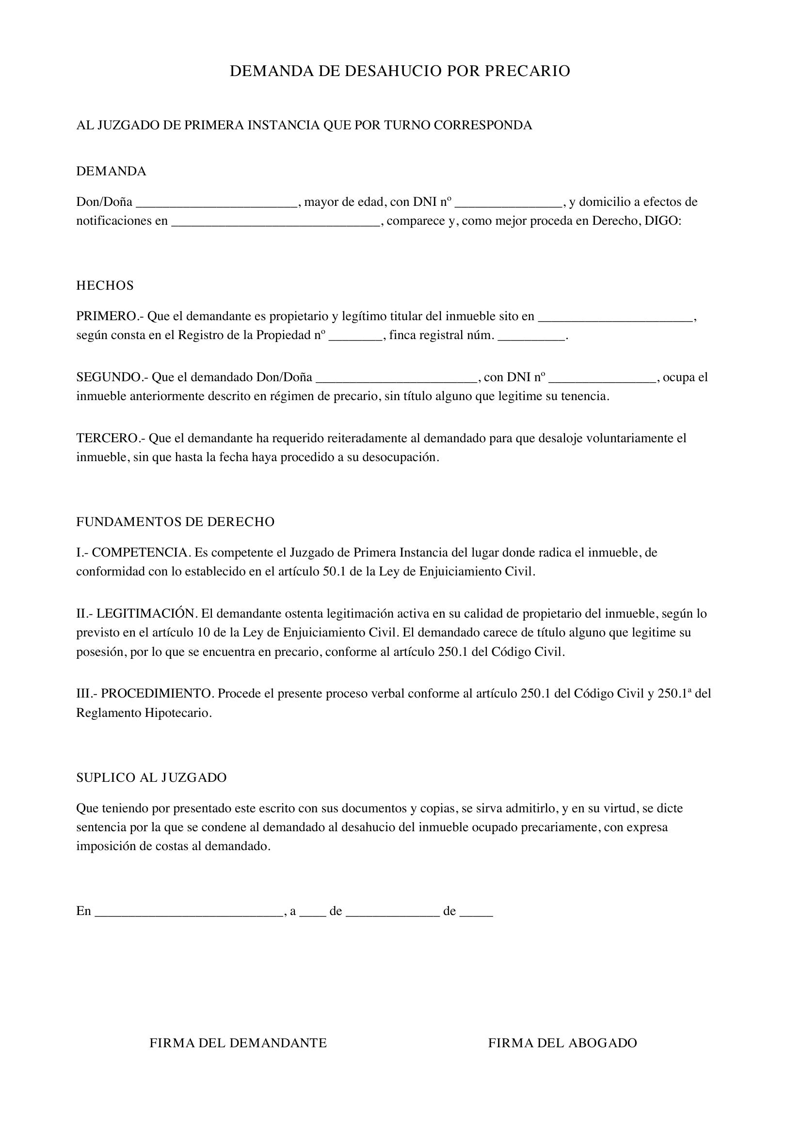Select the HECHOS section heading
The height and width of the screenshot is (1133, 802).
(x=105, y=286)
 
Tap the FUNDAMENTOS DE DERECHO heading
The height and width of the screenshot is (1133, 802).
(x=176, y=522)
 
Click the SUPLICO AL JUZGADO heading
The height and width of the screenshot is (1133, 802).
(x=151, y=778)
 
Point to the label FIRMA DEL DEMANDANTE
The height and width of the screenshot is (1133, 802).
(x=238, y=1043)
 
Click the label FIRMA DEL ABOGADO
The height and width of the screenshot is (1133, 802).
(x=562, y=1043)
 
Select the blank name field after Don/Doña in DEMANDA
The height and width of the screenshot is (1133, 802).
(x=217, y=203)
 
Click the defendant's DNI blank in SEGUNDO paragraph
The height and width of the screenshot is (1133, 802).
(x=603, y=378)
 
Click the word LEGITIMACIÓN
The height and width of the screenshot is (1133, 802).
(x=146, y=614)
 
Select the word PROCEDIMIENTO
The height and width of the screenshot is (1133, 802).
(x=158, y=694)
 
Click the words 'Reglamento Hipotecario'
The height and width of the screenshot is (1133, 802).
(x=143, y=713)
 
